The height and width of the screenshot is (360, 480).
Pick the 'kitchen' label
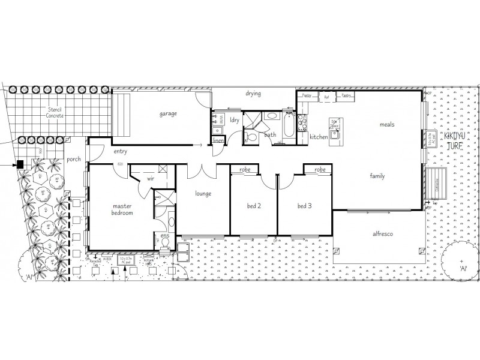[319, 137]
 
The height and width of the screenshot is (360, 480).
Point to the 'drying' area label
[253, 94]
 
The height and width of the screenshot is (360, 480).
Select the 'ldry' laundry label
[235, 120]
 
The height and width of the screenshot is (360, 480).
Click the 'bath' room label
[271, 136]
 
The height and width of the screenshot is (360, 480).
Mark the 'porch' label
[74, 160]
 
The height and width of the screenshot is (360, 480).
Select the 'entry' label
[120, 152]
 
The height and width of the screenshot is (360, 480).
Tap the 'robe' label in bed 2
[245, 170]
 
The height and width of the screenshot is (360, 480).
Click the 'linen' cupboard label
[219, 141]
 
